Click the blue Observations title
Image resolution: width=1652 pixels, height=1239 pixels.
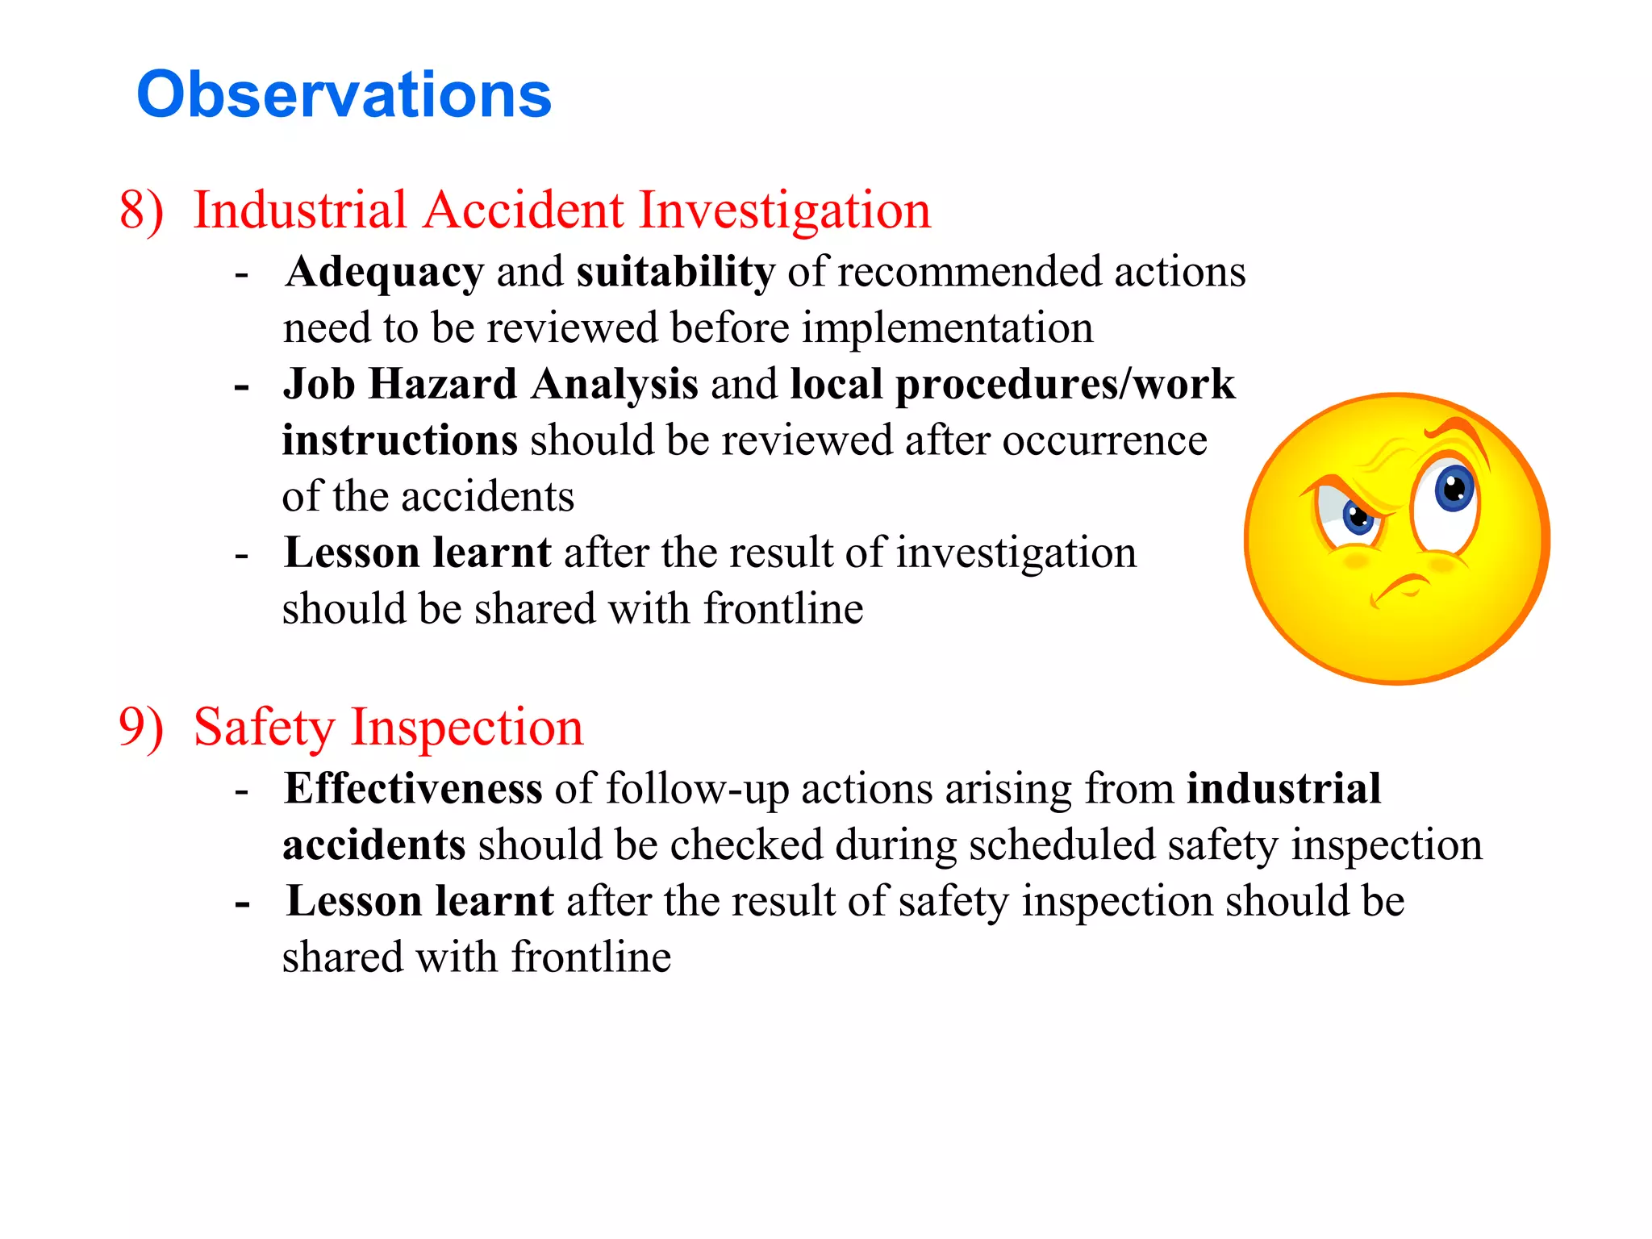344,94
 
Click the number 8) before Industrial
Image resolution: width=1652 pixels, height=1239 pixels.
142,211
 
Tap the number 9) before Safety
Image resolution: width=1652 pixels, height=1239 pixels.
142,728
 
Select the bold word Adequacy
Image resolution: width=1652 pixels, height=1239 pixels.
385,273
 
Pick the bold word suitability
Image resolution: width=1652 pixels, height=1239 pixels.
675,273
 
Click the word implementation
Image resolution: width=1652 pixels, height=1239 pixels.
947,329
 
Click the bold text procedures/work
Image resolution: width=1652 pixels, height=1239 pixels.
1065,384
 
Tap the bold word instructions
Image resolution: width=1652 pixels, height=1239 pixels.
399,440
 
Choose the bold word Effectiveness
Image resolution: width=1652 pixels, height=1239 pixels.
413,789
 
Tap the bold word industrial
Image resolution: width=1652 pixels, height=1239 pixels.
1283,789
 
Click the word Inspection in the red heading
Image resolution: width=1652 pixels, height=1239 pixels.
467,728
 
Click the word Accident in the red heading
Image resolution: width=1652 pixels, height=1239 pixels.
524,211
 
